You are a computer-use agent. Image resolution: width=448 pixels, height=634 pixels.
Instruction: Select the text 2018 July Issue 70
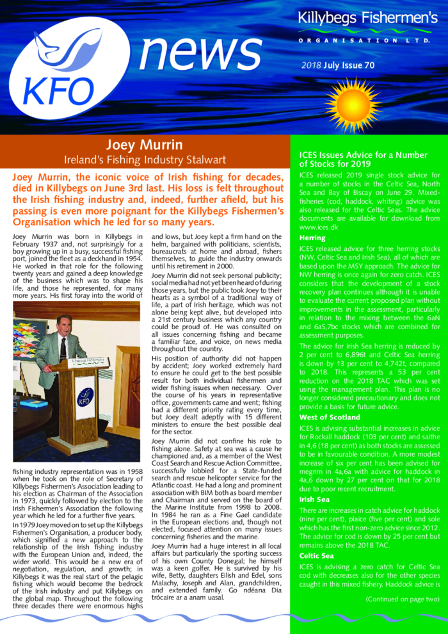(338, 65)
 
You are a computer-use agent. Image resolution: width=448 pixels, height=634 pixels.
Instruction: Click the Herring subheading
(312, 238)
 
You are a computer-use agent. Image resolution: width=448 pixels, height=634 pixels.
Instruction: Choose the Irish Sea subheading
(314, 481)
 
